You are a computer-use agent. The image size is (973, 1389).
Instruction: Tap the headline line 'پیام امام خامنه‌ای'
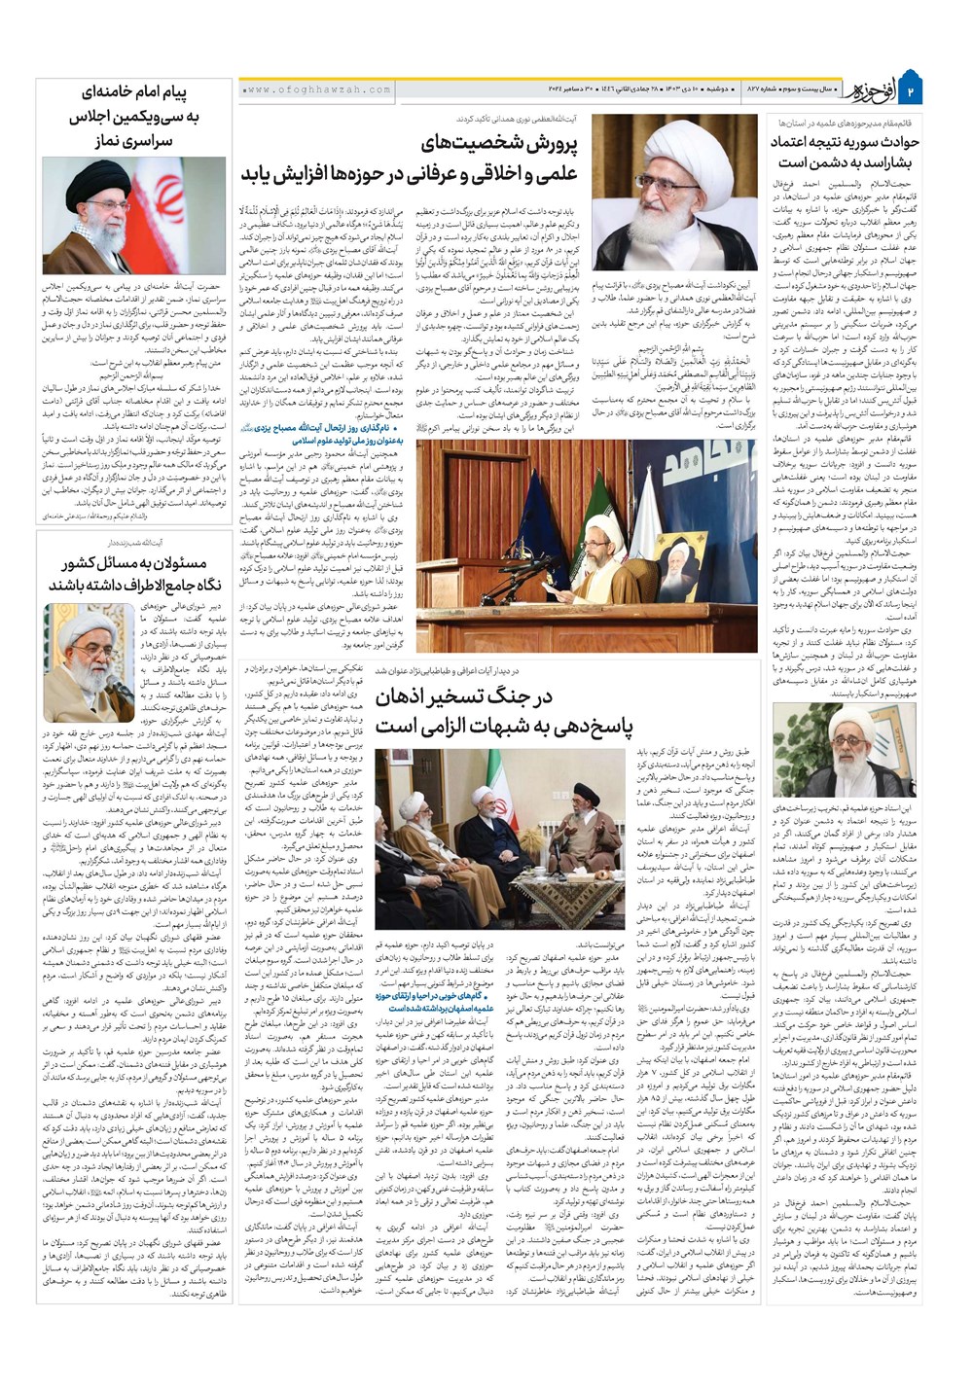click(x=134, y=93)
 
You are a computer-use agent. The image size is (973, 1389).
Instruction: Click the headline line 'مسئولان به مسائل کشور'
click(x=133, y=562)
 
